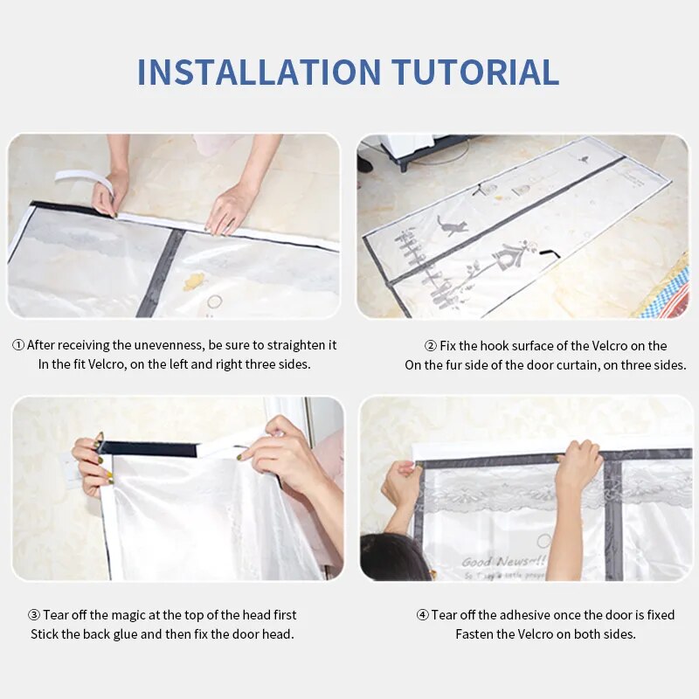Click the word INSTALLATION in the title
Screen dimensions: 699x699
coord(259,72)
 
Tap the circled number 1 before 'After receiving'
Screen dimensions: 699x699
coord(17,345)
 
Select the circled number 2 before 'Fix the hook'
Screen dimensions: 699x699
coord(431,346)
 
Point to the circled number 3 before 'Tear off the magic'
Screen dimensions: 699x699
coord(34,615)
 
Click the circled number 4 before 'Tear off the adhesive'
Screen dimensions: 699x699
coord(422,615)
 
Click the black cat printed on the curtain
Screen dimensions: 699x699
coord(452,225)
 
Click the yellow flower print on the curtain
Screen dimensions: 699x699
coord(194,280)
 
